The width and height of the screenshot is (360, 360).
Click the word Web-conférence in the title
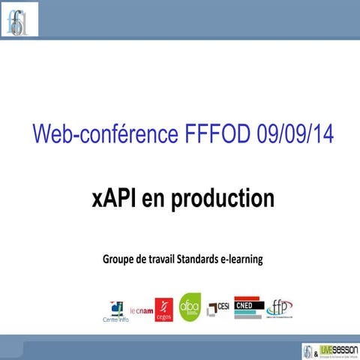click(x=101, y=136)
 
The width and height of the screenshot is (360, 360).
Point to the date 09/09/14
click(x=285, y=136)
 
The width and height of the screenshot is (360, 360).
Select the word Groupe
click(x=121, y=259)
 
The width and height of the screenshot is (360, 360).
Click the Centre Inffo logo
click(x=115, y=309)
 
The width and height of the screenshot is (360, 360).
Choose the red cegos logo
click(x=163, y=308)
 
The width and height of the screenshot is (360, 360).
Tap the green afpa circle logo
click(x=190, y=306)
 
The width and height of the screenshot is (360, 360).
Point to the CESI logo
click(x=219, y=307)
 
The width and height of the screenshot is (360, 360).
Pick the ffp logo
click(x=279, y=307)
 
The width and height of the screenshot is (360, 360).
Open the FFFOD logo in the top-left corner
click(x=18, y=19)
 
